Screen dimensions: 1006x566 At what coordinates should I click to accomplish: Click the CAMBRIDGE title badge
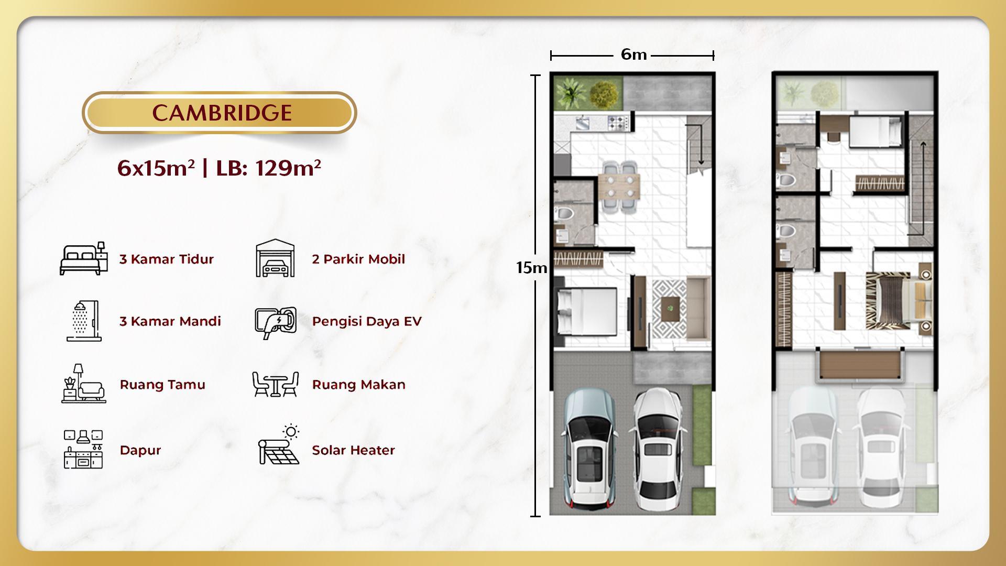[219, 113]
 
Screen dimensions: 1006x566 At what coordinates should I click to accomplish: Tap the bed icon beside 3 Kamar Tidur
[83, 258]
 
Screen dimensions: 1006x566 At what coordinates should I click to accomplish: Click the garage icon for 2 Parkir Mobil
[275, 258]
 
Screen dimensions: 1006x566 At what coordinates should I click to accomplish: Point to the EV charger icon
[276, 322]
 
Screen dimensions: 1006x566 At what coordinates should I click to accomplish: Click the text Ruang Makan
[358, 385]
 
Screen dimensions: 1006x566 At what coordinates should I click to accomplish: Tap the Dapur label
[140, 450]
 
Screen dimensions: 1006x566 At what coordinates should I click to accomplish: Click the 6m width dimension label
[633, 55]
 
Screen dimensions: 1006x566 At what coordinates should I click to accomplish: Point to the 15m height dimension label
[531, 268]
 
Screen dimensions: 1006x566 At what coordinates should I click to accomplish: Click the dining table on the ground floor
[619, 187]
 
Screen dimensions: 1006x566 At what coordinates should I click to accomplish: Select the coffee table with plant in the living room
[669, 308]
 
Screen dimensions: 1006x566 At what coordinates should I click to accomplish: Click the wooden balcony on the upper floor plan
[859, 366]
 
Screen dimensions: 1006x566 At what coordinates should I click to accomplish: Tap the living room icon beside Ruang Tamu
[83, 384]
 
